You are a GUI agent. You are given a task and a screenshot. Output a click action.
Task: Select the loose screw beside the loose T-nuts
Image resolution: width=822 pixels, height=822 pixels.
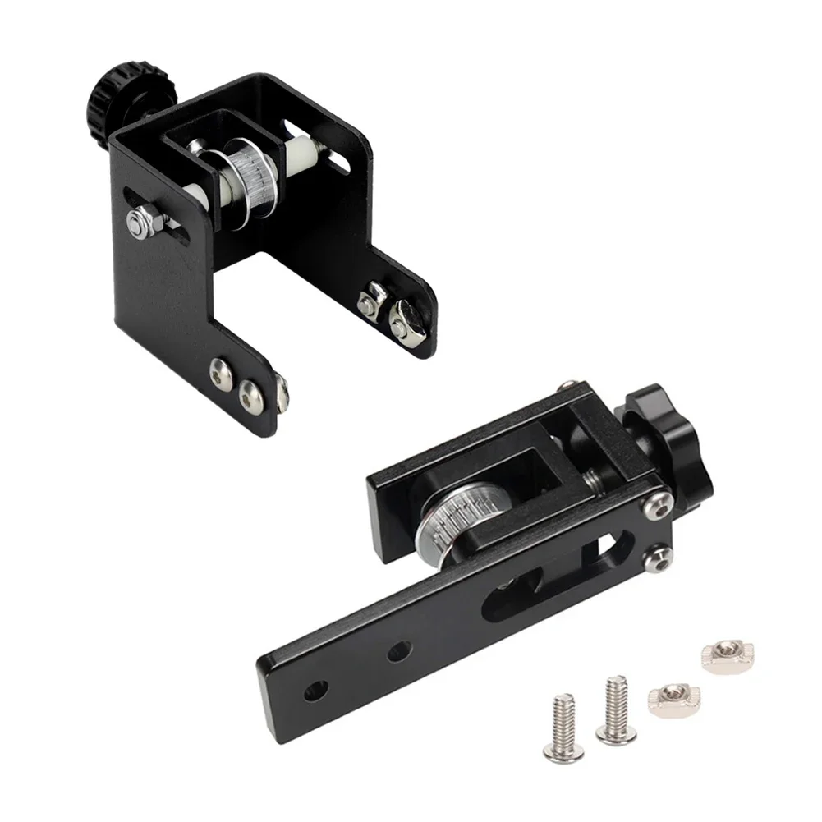pyautogui.click(x=614, y=707)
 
